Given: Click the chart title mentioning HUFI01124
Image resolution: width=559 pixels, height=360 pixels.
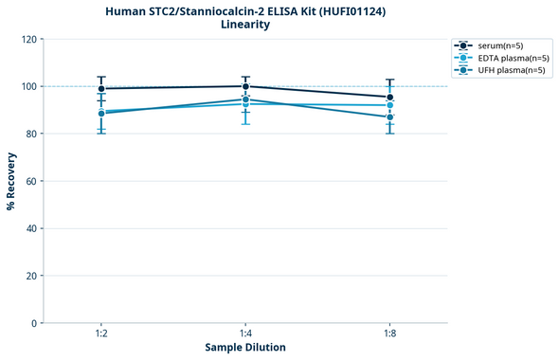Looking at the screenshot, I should [x=245, y=10].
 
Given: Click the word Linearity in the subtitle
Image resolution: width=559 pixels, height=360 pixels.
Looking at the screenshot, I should [x=245, y=25].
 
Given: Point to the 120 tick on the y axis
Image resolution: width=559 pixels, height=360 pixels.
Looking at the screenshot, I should [x=28, y=40].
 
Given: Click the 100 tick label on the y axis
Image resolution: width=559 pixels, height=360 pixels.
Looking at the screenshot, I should [x=28, y=87].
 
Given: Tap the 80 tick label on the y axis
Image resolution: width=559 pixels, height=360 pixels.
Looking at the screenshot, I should [x=31, y=135].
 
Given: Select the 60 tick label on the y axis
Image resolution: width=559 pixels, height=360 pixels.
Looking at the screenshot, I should [x=31, y=181].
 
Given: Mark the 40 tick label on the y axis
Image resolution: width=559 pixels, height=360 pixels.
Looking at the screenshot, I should [x=31, y=228].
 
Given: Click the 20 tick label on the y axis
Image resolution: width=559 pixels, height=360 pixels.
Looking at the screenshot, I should [x=31, y=276].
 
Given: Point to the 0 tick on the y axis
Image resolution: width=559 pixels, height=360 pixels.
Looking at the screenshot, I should [x=34, y=323].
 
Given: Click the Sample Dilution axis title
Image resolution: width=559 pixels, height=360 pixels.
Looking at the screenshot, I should [x=245, y=348].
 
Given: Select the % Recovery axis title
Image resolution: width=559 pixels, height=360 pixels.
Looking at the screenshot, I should [x=11, y=181].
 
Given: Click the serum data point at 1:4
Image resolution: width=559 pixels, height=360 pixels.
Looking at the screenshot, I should [x=245, y=86].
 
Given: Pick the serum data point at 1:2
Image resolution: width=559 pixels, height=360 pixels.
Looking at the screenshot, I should [x=101, y=89].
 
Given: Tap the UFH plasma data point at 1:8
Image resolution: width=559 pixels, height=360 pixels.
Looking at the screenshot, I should [x=389, y=117].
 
